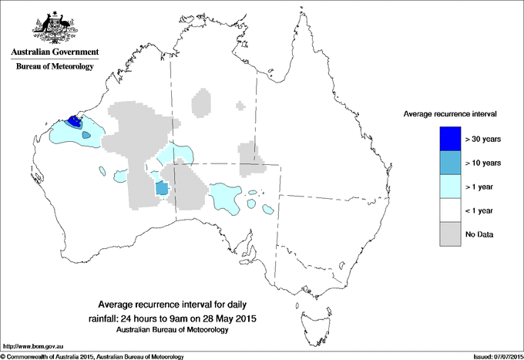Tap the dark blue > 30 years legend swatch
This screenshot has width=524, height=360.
pos(451,138)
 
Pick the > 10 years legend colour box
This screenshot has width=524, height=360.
pos(451,162)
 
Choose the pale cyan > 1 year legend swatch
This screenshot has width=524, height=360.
pos(451,186)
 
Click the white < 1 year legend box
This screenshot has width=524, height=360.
pos(451,210)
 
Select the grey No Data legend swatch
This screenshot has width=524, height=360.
pos(451,234)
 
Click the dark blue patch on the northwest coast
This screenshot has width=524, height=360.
pos(76,120)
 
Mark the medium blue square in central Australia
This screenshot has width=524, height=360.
pos(162,188)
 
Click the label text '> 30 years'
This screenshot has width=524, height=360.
pos(483,139)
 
